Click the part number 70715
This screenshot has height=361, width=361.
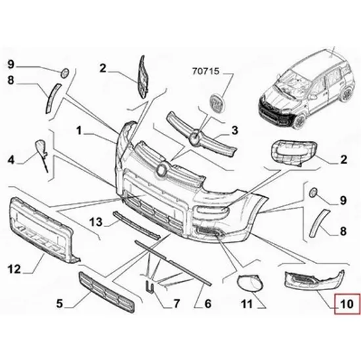click(x=205, y=71)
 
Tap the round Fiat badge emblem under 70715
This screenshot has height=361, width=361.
click(x=217, y=102)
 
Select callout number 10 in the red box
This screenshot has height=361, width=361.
click(x=347, y=304)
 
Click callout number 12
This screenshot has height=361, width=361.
click(x=14, y=269)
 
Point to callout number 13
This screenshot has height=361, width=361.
click(x=96, y=222)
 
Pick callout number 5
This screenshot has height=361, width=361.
click(x=59, y=303)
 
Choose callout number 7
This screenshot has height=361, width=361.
click(x=177, y=304)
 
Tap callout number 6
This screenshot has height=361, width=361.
click(x=207, y=304)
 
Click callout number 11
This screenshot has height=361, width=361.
click(x=247, y=304)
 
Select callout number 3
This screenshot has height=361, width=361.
click(x=234, y=131)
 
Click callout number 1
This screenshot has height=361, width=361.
click(x=79, y=131)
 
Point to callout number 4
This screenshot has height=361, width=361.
click(x=11, y=159)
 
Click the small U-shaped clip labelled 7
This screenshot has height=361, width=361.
click(x=149, y=287)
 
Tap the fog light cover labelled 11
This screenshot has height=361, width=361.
click(x=251, y=282)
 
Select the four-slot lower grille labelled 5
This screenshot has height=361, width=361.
click(x=106, y=291)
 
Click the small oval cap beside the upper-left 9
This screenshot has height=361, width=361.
click(x=64, y=74)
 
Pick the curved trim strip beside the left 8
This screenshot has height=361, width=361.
click(x=53, y=98)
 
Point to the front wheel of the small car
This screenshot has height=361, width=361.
click(x=299, y=121)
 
